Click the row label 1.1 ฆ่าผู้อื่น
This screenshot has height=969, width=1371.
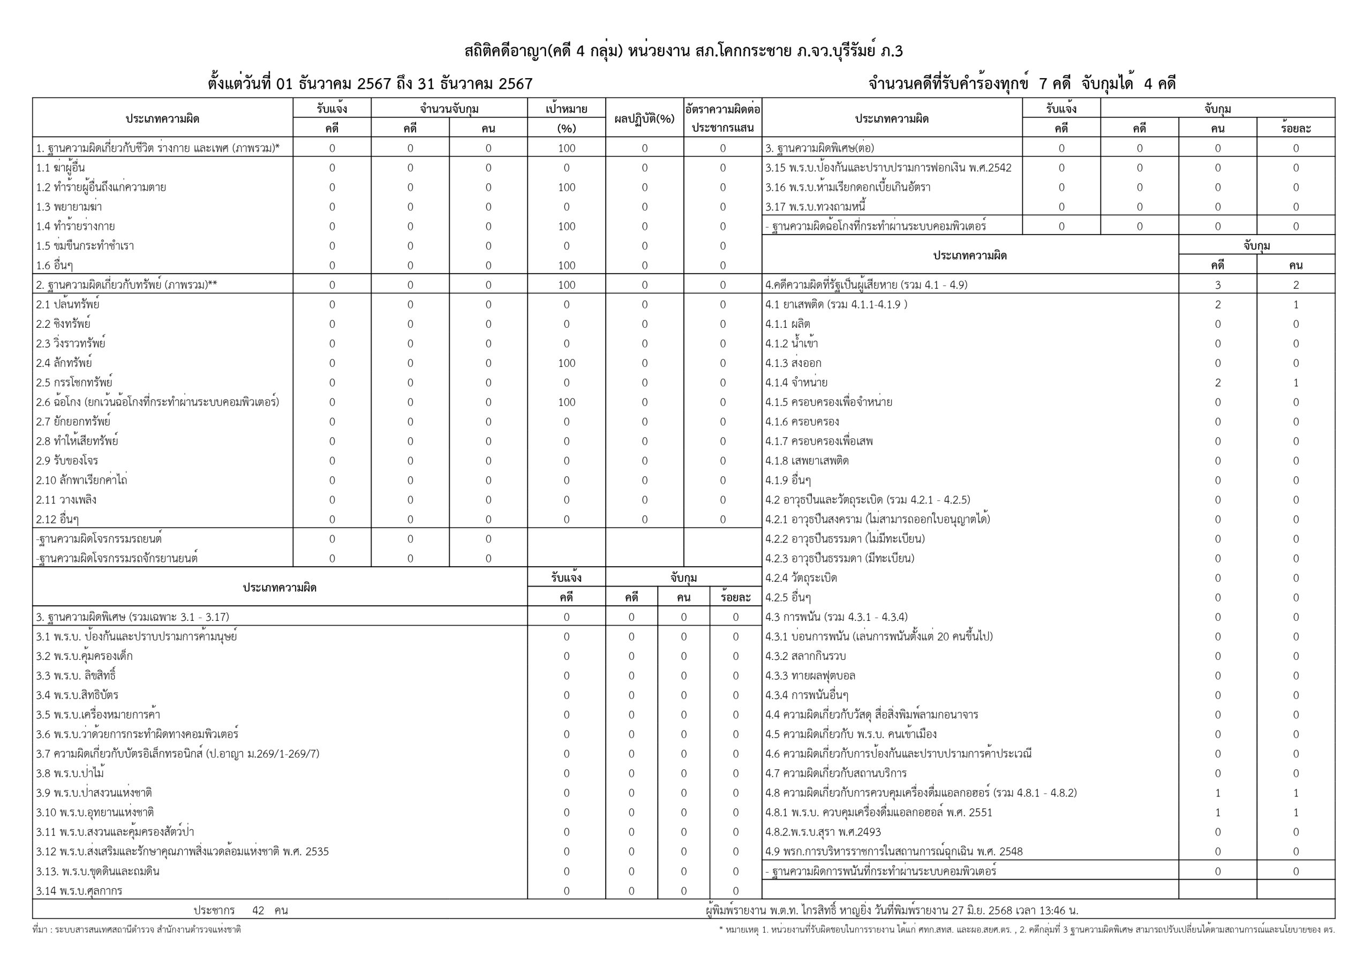point(61,168)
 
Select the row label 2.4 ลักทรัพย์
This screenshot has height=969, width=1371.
point(64,363)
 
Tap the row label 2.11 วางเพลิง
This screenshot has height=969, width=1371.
point(66,500)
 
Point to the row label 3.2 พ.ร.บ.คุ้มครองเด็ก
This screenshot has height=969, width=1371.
point(84,656)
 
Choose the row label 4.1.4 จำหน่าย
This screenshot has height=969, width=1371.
point(796,383)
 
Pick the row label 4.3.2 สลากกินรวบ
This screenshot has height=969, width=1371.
point(805,656)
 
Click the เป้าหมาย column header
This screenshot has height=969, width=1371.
point(566,109)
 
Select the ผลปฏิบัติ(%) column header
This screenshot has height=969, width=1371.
point(644,118)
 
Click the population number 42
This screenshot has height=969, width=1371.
point(258,911)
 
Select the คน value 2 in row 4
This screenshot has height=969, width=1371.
point(1296,285)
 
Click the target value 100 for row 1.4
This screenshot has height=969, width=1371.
point(566,227)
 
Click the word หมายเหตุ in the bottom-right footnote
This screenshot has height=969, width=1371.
point(742,930)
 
